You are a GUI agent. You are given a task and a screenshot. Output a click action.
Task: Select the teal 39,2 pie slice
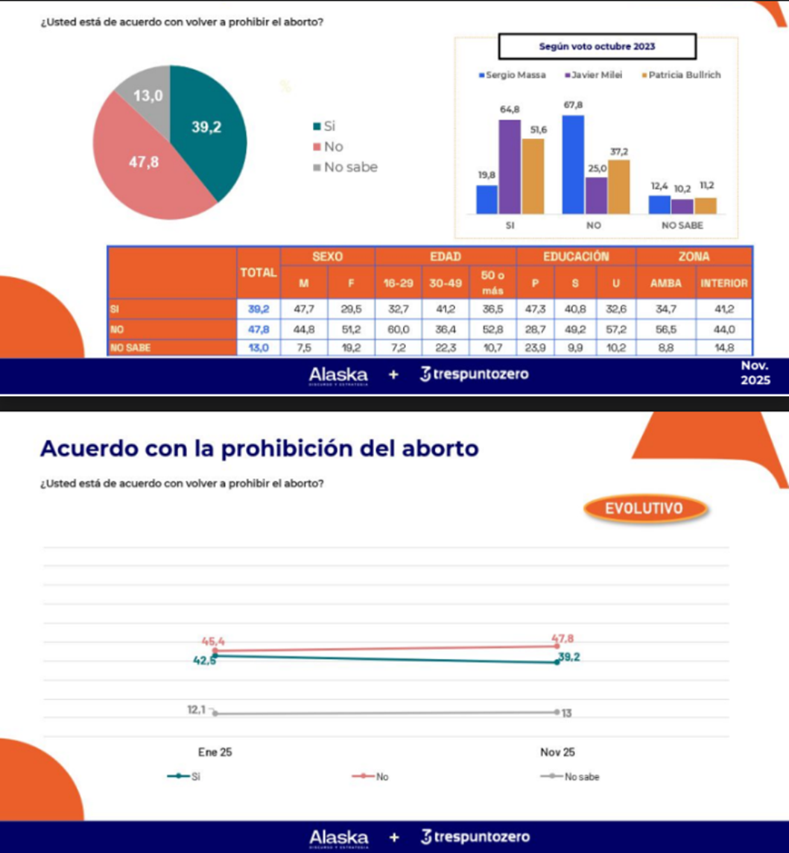coord(209,130)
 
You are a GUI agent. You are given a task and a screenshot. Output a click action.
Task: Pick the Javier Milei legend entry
coord(595,75)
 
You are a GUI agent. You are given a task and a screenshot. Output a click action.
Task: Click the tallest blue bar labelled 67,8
coord(573,164)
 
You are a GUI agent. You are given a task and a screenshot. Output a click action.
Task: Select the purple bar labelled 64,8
coord(510,166)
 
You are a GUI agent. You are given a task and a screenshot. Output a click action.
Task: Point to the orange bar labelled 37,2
coord(618,186)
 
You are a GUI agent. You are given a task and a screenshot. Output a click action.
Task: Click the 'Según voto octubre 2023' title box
coord(597,46)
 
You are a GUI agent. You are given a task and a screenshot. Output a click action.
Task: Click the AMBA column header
coord(665,283)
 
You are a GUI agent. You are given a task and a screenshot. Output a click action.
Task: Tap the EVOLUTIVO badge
coord(644,509)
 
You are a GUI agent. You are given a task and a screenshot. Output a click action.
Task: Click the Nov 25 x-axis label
coord(557,752)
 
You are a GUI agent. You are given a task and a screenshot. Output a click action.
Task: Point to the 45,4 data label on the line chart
coord(215,640)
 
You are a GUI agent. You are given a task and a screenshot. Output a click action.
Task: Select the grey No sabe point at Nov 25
coord(557,712)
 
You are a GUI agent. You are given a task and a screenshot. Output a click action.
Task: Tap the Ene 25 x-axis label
coord(215,752)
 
